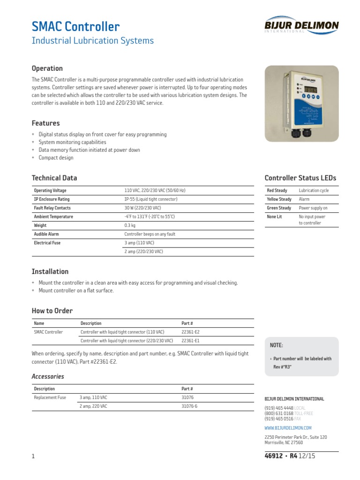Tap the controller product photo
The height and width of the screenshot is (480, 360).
pyautogui.click(x=301, y=104)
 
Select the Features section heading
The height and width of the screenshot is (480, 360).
pyautogui.click(x=45, y=123)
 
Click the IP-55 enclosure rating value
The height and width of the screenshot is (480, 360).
pyautogui.click(x=150, y=199)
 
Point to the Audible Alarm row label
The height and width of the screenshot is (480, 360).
pyautogui.click(x=46, y=234)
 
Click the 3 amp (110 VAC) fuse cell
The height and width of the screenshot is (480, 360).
pyautogui.click(x=139, y=243)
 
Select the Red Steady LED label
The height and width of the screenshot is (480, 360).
pyautogui.click(x=277, y=191)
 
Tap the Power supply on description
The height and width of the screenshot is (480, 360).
pyautogui.click(x=313, y=208)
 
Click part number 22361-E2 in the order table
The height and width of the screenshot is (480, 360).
pyautogui.click(x=190, y=332)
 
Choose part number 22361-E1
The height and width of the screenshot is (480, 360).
pyautogui.click(x=190, y=341)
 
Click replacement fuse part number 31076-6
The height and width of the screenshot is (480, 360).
pyautogui.click(x=189, y=406)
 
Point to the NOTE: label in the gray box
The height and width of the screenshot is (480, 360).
pyautogui.click(x=276, y=345)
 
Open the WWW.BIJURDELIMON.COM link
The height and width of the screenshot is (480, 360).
pyautogui.click(x=288, y=428)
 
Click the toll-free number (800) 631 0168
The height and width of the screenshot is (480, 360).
pyautogui.click(x=279, y=413)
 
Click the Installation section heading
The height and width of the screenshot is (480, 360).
pyautogui.click(x=50, y=271)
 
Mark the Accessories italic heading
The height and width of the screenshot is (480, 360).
pyautogui.click(x=48, y=376)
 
